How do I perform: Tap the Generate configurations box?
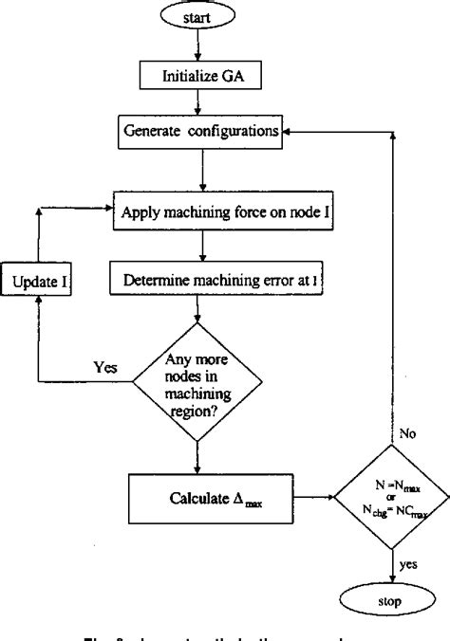[x=200, y=133]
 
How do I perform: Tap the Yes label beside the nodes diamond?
[x=104, y=365]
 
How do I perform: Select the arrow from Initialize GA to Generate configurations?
[x=200, y=101]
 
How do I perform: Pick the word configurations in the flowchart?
[x=233, y=133]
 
